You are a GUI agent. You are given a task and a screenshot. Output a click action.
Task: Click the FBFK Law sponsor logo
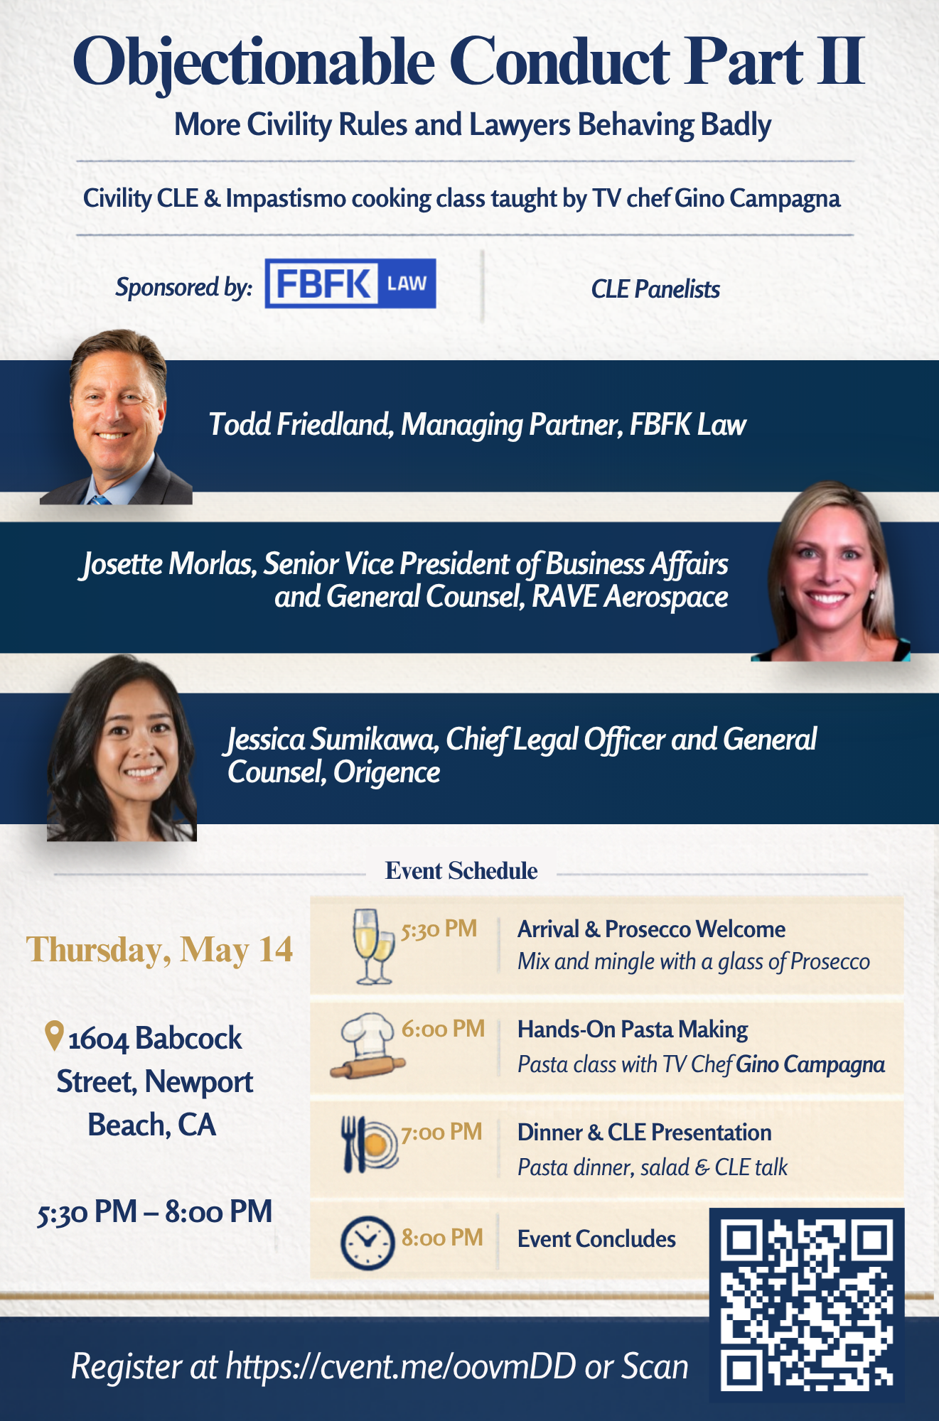[x=350, y=283]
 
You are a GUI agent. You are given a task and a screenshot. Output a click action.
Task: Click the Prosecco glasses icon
[x=373, y=946]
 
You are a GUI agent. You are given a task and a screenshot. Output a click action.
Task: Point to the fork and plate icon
[x=369, y=1145]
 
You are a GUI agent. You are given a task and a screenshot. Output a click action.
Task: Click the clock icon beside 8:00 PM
[x=367, y=1243]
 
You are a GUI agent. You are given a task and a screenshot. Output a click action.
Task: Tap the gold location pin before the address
[x=54, y=1036]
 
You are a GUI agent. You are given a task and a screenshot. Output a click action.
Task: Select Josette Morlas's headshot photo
[x=830, y=572]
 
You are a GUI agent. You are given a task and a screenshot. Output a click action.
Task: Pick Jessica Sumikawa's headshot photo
[x=122, y=748]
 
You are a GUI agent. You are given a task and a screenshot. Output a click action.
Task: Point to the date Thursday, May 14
[x=159, y=951]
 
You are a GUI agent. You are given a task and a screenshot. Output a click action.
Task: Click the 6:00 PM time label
[x=443, y=1028]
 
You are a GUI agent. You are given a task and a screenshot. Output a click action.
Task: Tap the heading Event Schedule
[x=461, y=870]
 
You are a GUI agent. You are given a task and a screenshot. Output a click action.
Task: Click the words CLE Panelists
[x=655, y=289]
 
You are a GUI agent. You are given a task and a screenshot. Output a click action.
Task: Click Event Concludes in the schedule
[x=596, y=1239]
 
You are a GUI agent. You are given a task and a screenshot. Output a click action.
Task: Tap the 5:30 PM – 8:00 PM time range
[x=155, y=1212]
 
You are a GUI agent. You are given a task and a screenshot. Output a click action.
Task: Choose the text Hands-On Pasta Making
[x=633, y=1030]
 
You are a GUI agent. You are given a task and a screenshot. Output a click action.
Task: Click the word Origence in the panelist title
[x=387, y=773]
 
